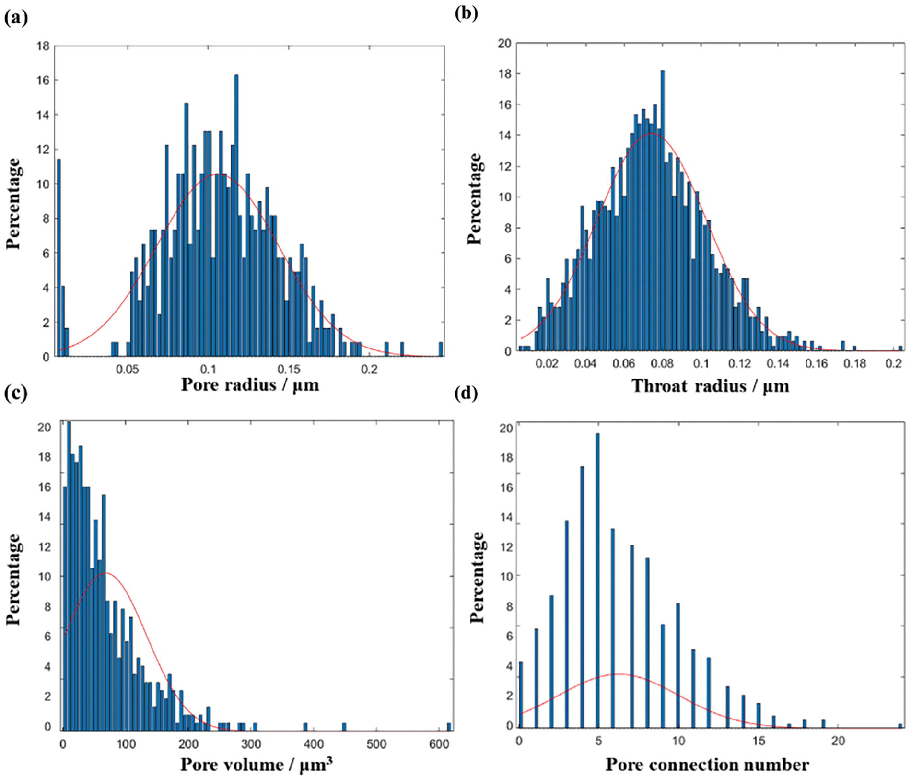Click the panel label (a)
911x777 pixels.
point(16,18)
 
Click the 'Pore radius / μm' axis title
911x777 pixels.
point(250,384)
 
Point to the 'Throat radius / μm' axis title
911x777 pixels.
point(710,386)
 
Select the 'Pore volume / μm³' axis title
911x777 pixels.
point(256,764)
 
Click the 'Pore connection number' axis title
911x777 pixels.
point(707,764)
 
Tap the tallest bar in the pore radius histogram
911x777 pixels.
point(236,216)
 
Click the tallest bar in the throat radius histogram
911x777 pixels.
point(662,211)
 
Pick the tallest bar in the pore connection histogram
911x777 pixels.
point(597,580)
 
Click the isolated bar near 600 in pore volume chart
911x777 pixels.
point(449,727)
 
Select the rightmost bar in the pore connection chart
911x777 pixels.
point(900,726)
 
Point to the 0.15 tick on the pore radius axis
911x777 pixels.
point(289,370)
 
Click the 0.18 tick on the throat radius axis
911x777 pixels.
point(855,363)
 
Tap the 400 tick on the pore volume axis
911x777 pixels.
point(314,743)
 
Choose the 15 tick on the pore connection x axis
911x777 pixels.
point(759,741)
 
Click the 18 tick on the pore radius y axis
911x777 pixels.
point(43,46)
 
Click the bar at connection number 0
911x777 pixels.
point(521,695)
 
